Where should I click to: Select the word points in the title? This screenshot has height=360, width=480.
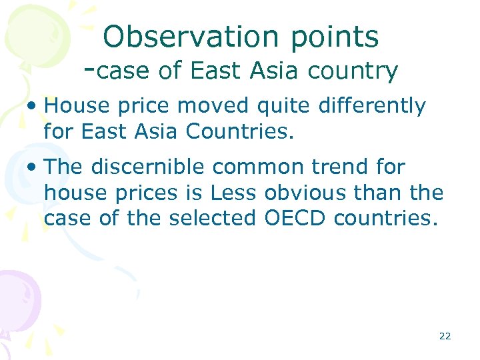(x=335, y=38)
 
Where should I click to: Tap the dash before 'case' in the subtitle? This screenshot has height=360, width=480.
(x=91, y=69)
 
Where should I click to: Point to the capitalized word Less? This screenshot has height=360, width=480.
(x=233, y=193)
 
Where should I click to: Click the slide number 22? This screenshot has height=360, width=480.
(x=445, y=336)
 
